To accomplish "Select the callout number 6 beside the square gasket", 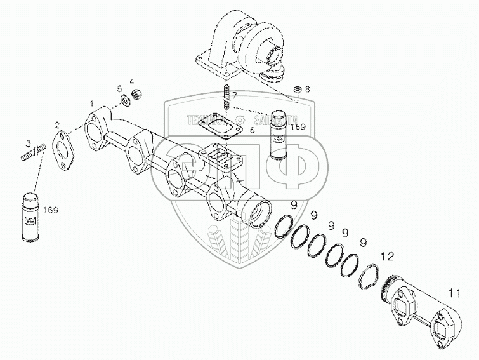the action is click(252, 130).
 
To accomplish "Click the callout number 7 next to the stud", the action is click(235, 96).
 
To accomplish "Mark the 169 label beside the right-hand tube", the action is click(298, 128).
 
